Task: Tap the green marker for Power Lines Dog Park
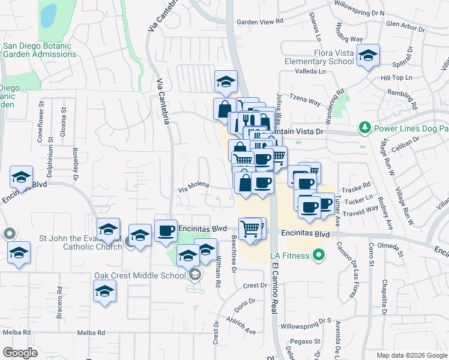coord(364,128)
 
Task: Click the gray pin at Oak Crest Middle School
coord(194,276)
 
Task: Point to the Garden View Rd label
coord(259,22)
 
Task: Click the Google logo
coord(20,352)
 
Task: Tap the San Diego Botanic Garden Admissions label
coord(40,50)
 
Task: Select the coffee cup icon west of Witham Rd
coord(166,231)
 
